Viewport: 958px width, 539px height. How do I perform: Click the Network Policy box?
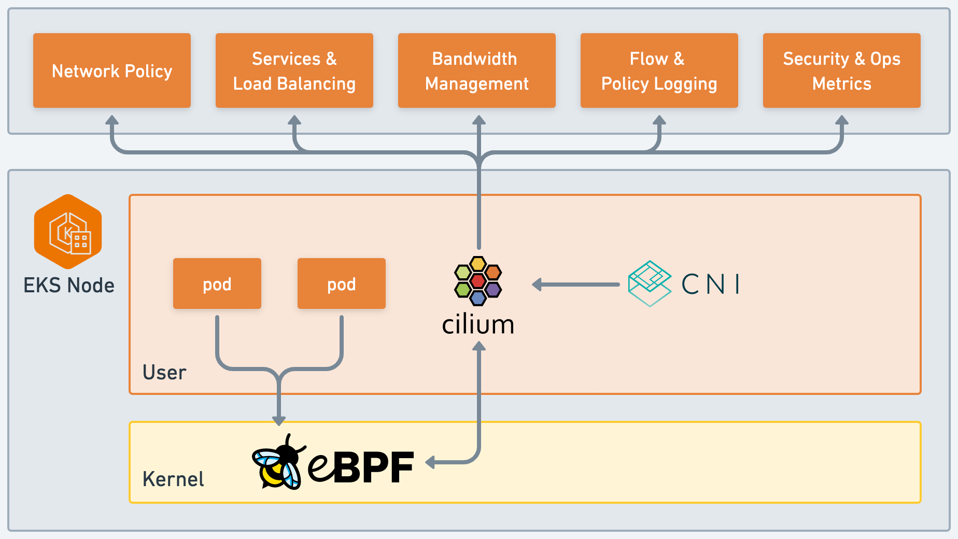tap(112, 70)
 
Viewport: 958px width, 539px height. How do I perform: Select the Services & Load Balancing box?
tap(294, 70)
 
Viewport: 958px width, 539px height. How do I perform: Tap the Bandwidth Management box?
tap(477, 70)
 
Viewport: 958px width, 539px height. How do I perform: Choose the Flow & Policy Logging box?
tap(659, 70)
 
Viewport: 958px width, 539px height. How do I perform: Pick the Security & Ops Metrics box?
tap(842, 70)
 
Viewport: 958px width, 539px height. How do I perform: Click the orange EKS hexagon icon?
tap(68, 232)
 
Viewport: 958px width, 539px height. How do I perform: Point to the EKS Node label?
tap(69, 286)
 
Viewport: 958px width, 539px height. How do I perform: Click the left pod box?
tap(217, 283)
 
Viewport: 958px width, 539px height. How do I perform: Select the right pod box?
tap(342, 283)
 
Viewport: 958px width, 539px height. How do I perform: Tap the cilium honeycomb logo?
tap(478, 281)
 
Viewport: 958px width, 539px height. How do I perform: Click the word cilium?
tap(478, 325)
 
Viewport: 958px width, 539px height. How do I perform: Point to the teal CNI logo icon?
tap(650, 283)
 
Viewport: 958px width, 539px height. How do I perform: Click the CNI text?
tap(711, 284)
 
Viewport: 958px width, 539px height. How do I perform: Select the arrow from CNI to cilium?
tap(576, 285)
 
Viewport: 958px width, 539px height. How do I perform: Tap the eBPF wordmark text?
tap(361, 467)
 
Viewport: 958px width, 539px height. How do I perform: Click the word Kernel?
tap(173, 479)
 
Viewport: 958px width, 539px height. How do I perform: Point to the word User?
tap(164, 373)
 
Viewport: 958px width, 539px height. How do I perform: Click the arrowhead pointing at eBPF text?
tap(430, 462)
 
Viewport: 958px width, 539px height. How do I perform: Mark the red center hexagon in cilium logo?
tap(478, 281)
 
